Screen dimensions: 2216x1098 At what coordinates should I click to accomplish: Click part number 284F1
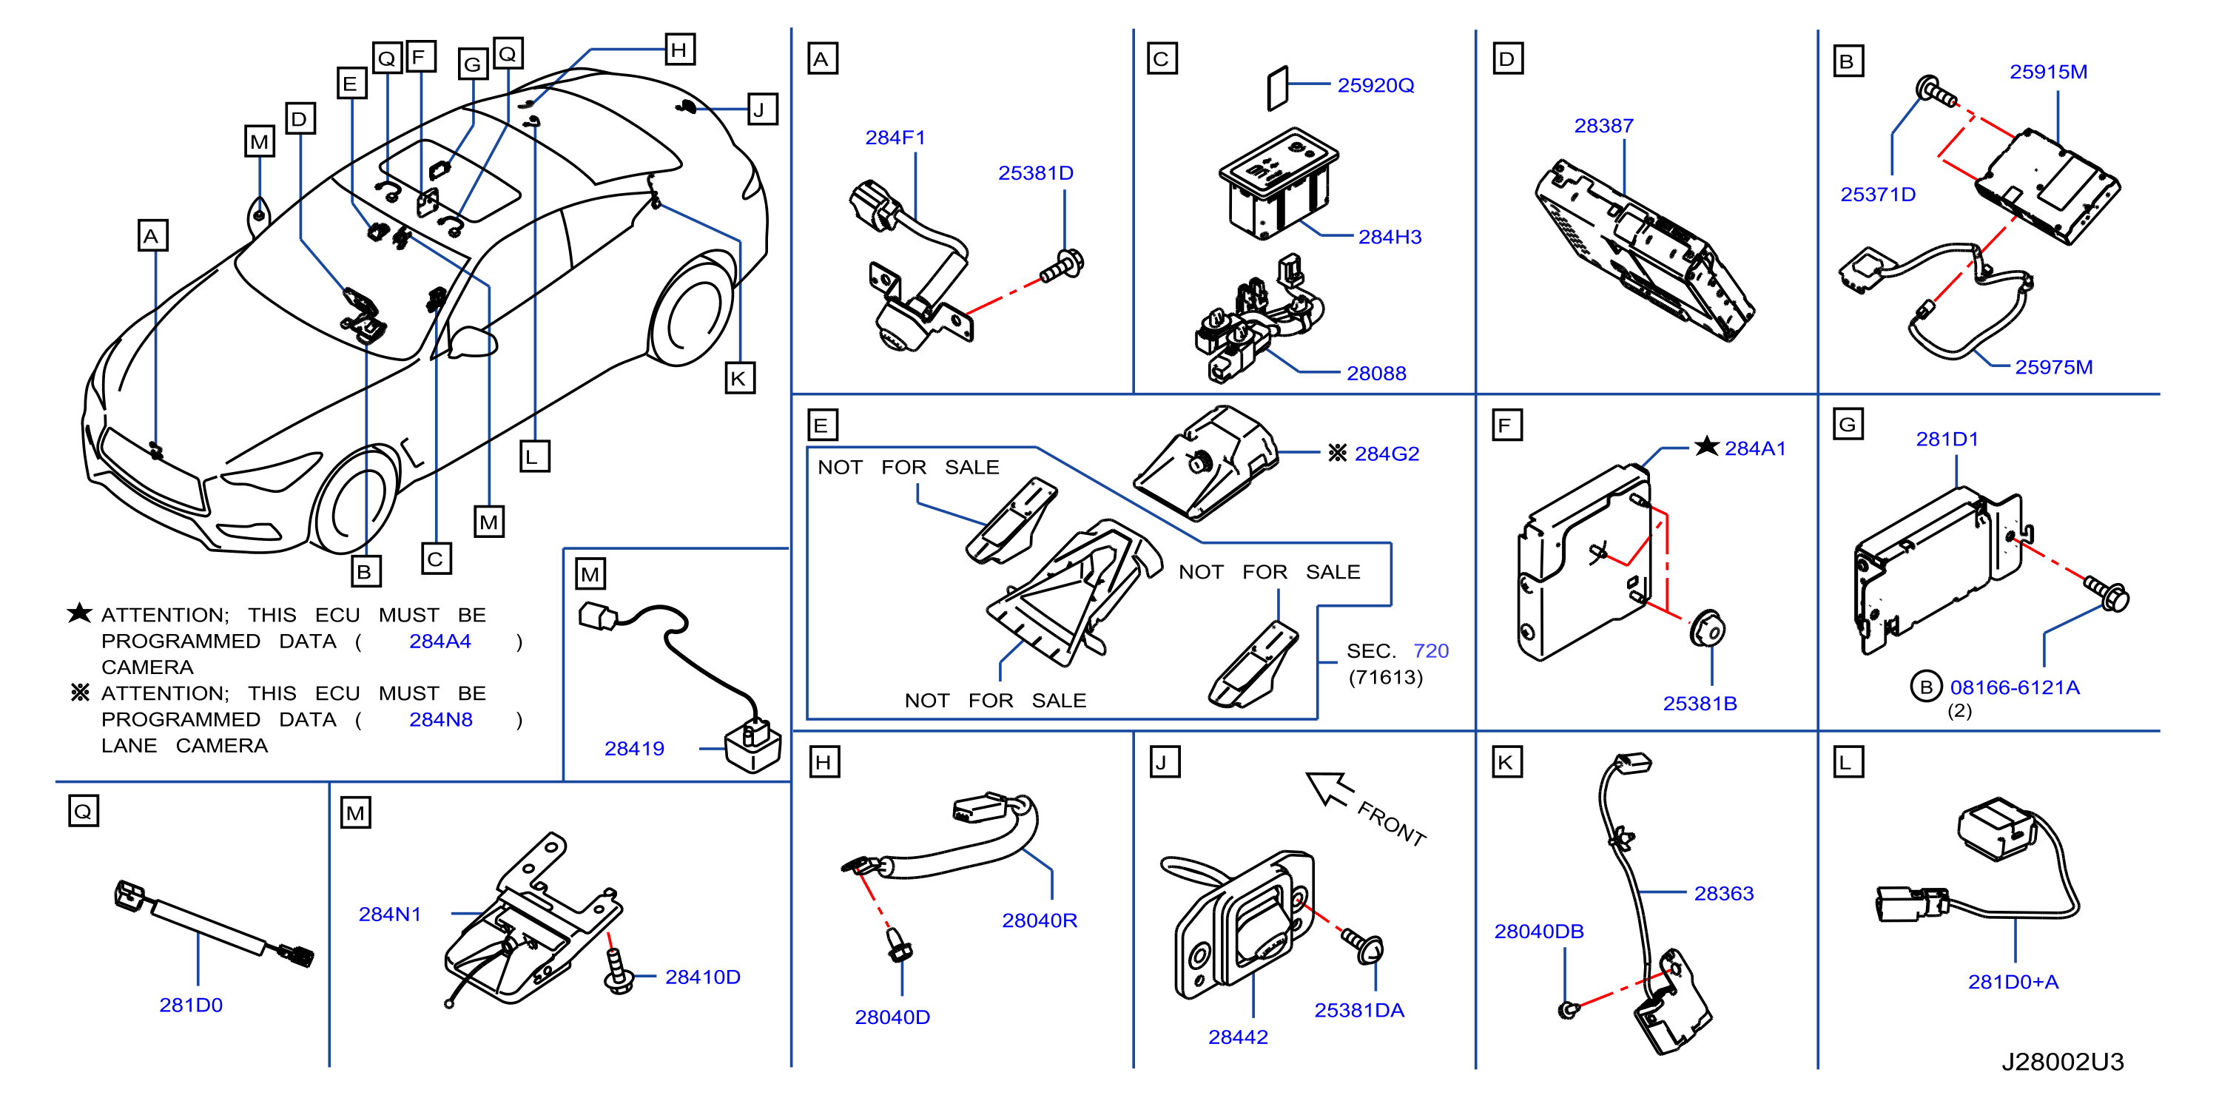(895, 138)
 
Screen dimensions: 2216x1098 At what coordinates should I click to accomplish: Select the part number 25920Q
(1375, 85)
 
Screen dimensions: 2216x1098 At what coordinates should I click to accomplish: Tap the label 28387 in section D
(1603, 126)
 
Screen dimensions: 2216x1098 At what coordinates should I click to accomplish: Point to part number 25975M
(2053, 368)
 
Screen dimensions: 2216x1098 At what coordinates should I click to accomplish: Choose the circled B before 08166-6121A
(1925, 687)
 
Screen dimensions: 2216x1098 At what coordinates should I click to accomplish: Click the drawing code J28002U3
(2062, 1061)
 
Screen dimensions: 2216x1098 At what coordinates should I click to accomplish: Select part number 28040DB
(1538, 931)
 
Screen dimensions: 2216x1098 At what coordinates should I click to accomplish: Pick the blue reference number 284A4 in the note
(440, 641)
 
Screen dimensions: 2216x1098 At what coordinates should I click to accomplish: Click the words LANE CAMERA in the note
(184, 745)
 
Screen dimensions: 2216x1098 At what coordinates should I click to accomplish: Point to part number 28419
(634, 749)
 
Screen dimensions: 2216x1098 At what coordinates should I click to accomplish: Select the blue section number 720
(1430, 650)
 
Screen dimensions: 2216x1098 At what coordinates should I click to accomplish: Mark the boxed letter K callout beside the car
(739, 379)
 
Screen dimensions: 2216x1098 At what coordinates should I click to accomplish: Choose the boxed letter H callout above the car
(679, 50)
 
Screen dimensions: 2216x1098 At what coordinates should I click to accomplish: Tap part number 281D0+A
(2013, 982)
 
